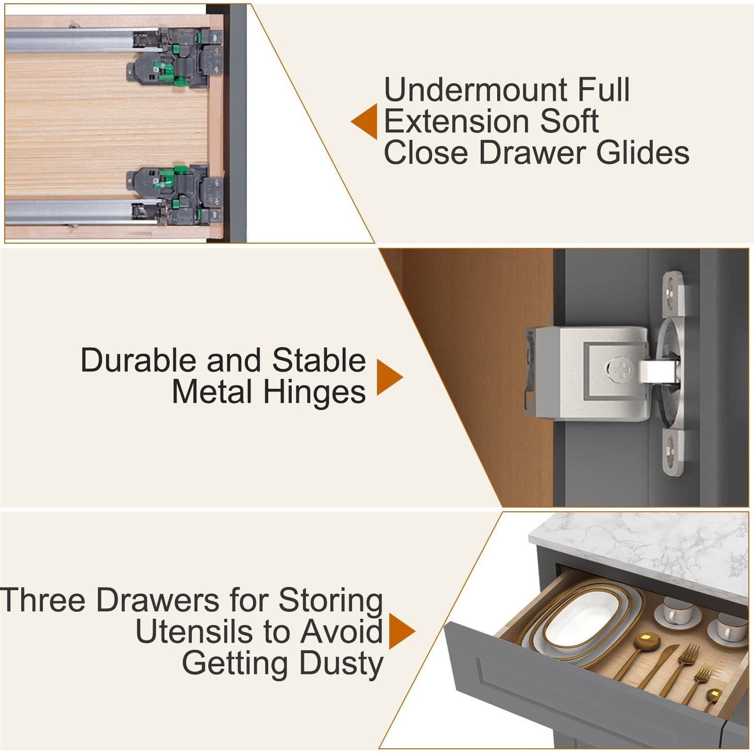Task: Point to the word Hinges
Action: coord(315,392)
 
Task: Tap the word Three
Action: coord(42,600)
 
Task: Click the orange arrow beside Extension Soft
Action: coord(364,121)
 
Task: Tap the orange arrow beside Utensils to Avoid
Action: coord(402,631)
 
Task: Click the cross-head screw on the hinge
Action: coord(620,369)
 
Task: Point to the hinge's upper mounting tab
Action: coord(674,294)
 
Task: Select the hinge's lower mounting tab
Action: coord(673,452)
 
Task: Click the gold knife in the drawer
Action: coord(658,666)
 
